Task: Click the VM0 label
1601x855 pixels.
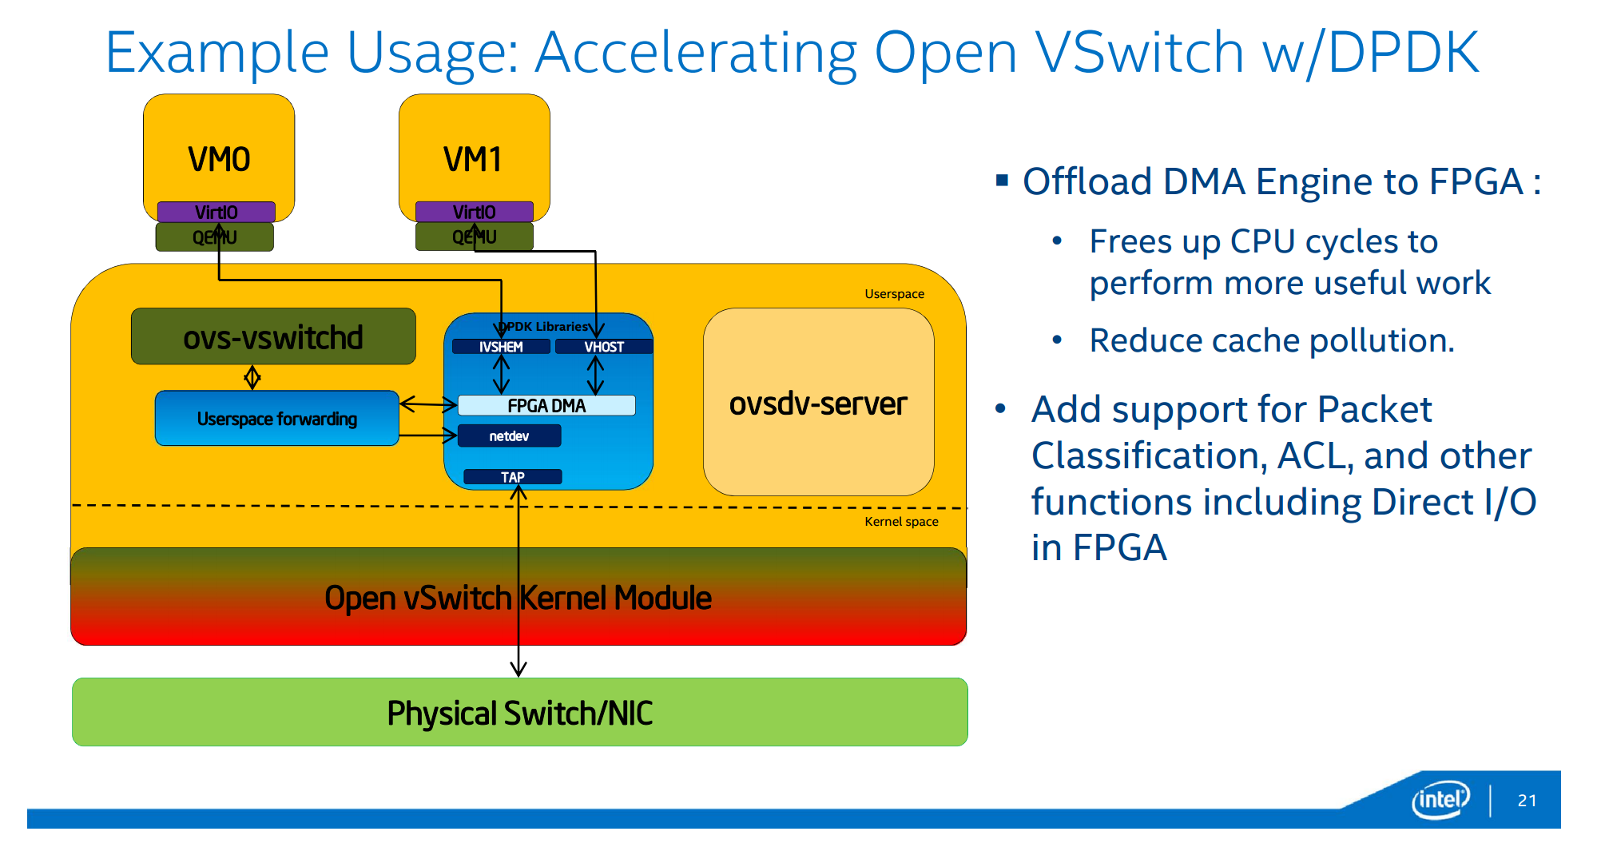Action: pos(219,159)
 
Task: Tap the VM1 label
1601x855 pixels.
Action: pos(473,159)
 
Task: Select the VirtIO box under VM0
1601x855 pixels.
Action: pos(216,212)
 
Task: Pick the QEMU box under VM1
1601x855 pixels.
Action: pos(474,237)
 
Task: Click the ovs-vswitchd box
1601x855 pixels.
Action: pos(273,337)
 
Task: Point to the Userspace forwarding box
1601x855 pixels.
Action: pos(276,419)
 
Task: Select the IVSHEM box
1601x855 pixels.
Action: pos(501,347)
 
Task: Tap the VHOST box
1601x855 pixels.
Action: pos(604,347)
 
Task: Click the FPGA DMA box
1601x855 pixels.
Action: pos(546,406)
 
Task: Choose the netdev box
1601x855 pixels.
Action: pos(509,436)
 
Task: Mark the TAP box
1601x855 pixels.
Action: pos(513,477)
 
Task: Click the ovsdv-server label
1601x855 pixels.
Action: pos(818,404)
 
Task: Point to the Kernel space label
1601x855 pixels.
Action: pos(901,522)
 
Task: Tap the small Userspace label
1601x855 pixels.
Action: pos(894,294)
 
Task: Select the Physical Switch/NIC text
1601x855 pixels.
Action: pos(519,714)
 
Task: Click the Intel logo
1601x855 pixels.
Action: pos(1440,799)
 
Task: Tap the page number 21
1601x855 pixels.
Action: pos(1527,801)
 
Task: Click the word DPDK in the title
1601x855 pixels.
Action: pos(1403,53)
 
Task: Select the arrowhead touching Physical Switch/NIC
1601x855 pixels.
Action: pos(518,669)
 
